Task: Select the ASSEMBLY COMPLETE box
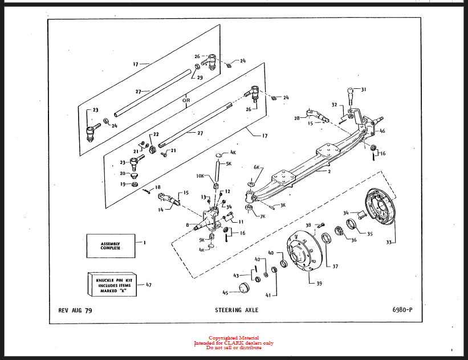tap(111, 245)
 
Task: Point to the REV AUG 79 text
tap(75, 310)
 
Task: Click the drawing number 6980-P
tap(402, 310)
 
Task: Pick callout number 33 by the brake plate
tap(389, 243)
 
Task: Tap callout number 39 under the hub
tap(319, 284)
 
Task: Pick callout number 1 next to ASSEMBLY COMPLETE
tap(145, 242)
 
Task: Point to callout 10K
tap(200, 177)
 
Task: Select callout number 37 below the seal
tap(335, 266)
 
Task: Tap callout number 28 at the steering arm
tap(297, 118)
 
